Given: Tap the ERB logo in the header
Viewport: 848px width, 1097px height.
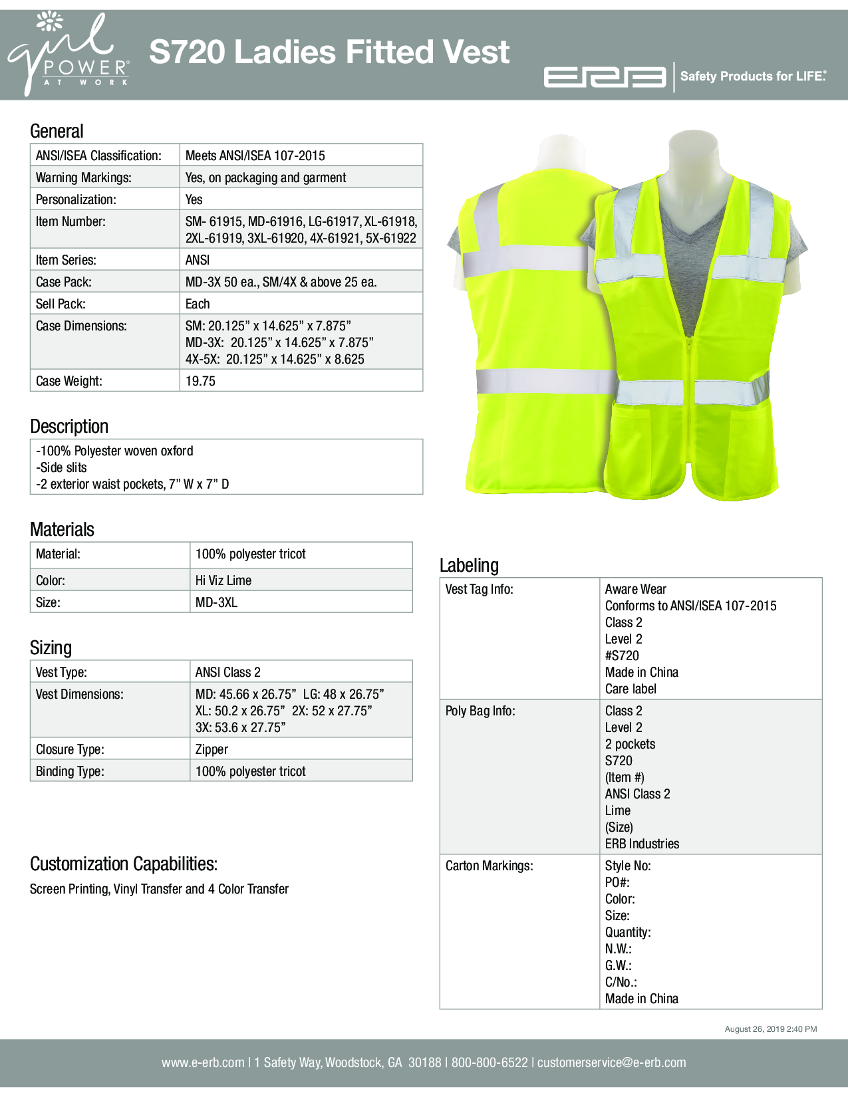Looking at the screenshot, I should coord(605,77).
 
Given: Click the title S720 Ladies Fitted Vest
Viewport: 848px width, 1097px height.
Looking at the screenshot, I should coord(329,52).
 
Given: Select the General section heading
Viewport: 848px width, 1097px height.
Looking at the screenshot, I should coord(57,131).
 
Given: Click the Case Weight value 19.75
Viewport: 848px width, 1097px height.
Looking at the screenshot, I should coord(200,381).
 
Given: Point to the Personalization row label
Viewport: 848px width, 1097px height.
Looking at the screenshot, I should coord(76,199).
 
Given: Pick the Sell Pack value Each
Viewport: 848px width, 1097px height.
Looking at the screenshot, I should coord(198,304).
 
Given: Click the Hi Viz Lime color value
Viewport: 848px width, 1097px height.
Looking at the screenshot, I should coord(223,580).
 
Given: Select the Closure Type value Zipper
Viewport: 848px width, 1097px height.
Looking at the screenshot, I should coord(212,749).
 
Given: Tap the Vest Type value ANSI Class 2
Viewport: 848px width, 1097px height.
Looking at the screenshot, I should coord(227,672).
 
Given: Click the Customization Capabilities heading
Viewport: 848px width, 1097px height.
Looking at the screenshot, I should coord(124,864).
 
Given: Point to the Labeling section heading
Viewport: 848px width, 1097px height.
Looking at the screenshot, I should coord(469,565).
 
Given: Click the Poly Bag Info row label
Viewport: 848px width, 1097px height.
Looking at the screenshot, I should coord(480,711).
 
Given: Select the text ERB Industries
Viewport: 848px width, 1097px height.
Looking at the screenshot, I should coord(642,844).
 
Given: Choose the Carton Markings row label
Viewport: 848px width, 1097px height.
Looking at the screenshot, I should coord(489,866).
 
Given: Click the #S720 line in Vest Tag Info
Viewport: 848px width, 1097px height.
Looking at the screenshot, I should coord(622,656).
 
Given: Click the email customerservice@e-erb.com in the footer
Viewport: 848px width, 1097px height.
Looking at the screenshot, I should coord(611,1062).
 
